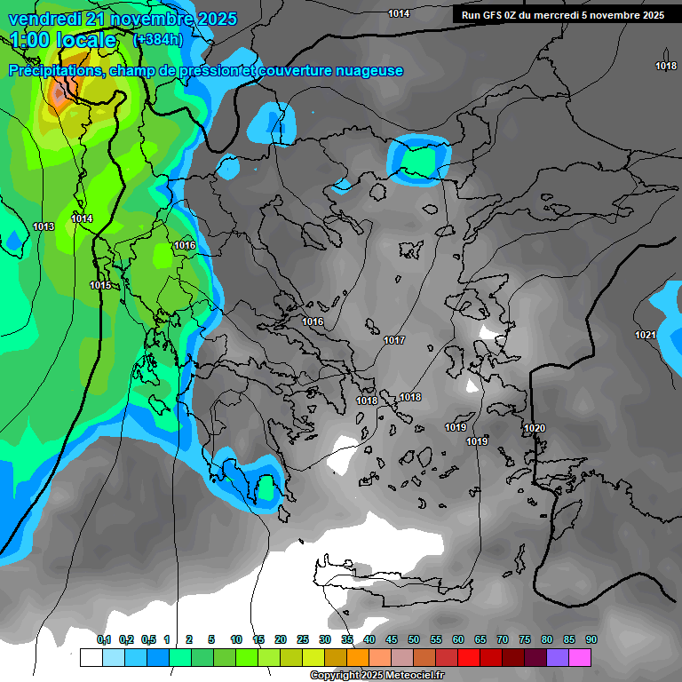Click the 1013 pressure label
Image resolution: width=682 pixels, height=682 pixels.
pyautogui.click(x=44, y=227)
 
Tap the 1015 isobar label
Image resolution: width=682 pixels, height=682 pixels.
pyautogui.click(x=100, y=285)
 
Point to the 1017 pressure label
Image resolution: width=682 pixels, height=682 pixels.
pyautogui.click(x=394, y=341)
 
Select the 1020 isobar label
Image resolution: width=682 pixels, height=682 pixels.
pyautogui.click(x=535, y=429)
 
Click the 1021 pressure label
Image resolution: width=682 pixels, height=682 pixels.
pyautogui.click(x=646, y=335)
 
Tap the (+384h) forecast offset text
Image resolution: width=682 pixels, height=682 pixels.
pyautogui.click(x=157, y=39)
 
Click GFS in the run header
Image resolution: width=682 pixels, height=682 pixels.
pyautogui.click(x=492, y=15)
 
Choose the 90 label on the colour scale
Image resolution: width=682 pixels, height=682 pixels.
pyautogui.click(x=591, y=639)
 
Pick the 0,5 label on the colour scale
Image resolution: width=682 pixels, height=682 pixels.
pyautogui.click(x=148, y=639)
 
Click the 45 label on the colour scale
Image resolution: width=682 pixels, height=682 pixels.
pyautogui.click(x=392, y=639)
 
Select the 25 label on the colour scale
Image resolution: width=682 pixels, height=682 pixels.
pyautogui.click(x=303, y=639)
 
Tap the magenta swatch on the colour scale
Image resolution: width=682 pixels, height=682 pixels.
pyautogui.click(x=581, y=657)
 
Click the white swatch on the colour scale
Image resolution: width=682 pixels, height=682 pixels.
pyautogui.click(x=91, y=657)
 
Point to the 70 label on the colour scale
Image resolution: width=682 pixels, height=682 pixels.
pyautogui.click(x=503, y=639)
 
